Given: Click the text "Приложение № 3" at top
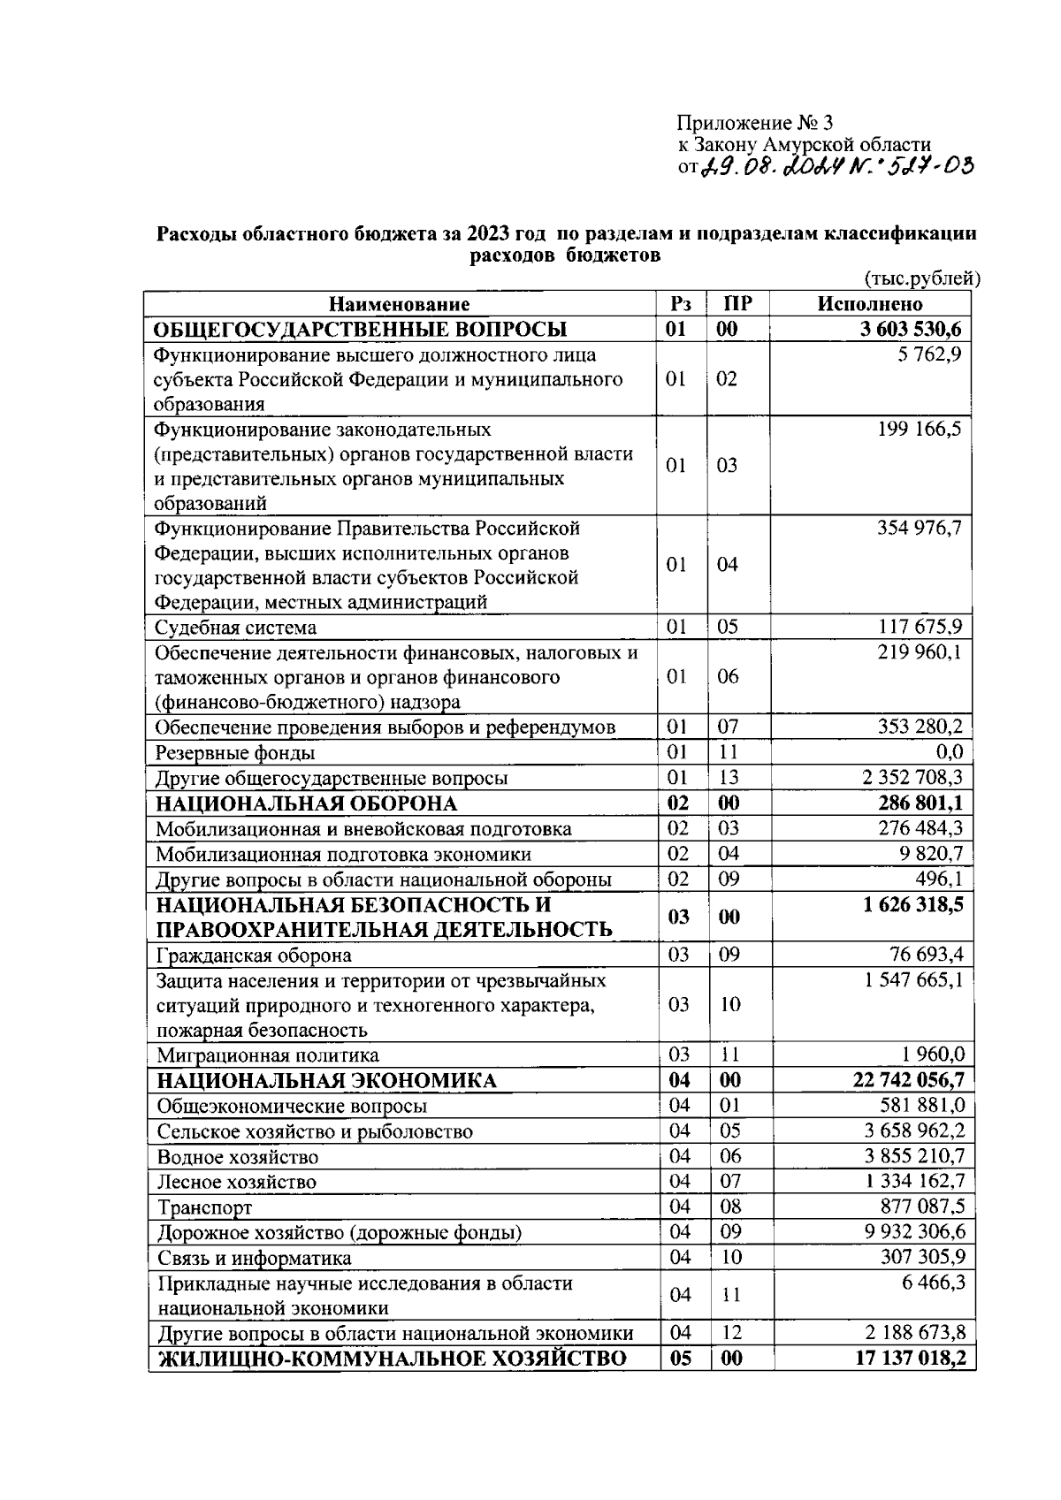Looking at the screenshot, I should tap(755, 122).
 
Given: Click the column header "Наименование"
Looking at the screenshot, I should tap(400, 305).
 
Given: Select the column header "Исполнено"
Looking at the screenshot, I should tap(870, 305).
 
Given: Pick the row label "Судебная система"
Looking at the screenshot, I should tap(236, 628).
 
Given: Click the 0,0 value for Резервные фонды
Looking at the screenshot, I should tap(949, 753).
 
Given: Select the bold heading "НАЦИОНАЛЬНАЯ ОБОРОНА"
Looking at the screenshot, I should tap(307, 803).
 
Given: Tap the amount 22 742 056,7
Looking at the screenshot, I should tap(908, 1080).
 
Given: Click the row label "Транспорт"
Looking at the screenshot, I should tap(205, 1207).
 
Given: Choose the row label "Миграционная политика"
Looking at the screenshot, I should tap(268, 1055).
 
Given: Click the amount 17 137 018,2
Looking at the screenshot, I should tap(910, 1358).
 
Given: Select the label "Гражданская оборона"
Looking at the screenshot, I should tap(254, 956).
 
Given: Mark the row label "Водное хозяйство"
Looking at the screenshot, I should tap(238, 1156).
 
